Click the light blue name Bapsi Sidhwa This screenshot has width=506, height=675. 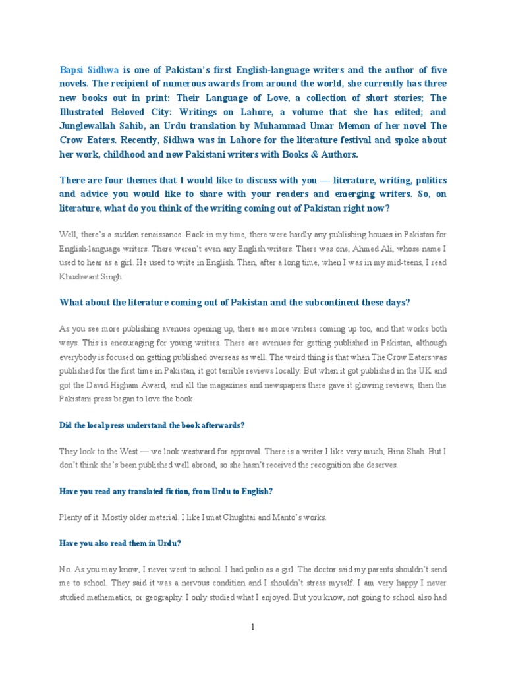coord(89,69)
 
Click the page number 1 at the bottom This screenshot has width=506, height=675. coord(252,627)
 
